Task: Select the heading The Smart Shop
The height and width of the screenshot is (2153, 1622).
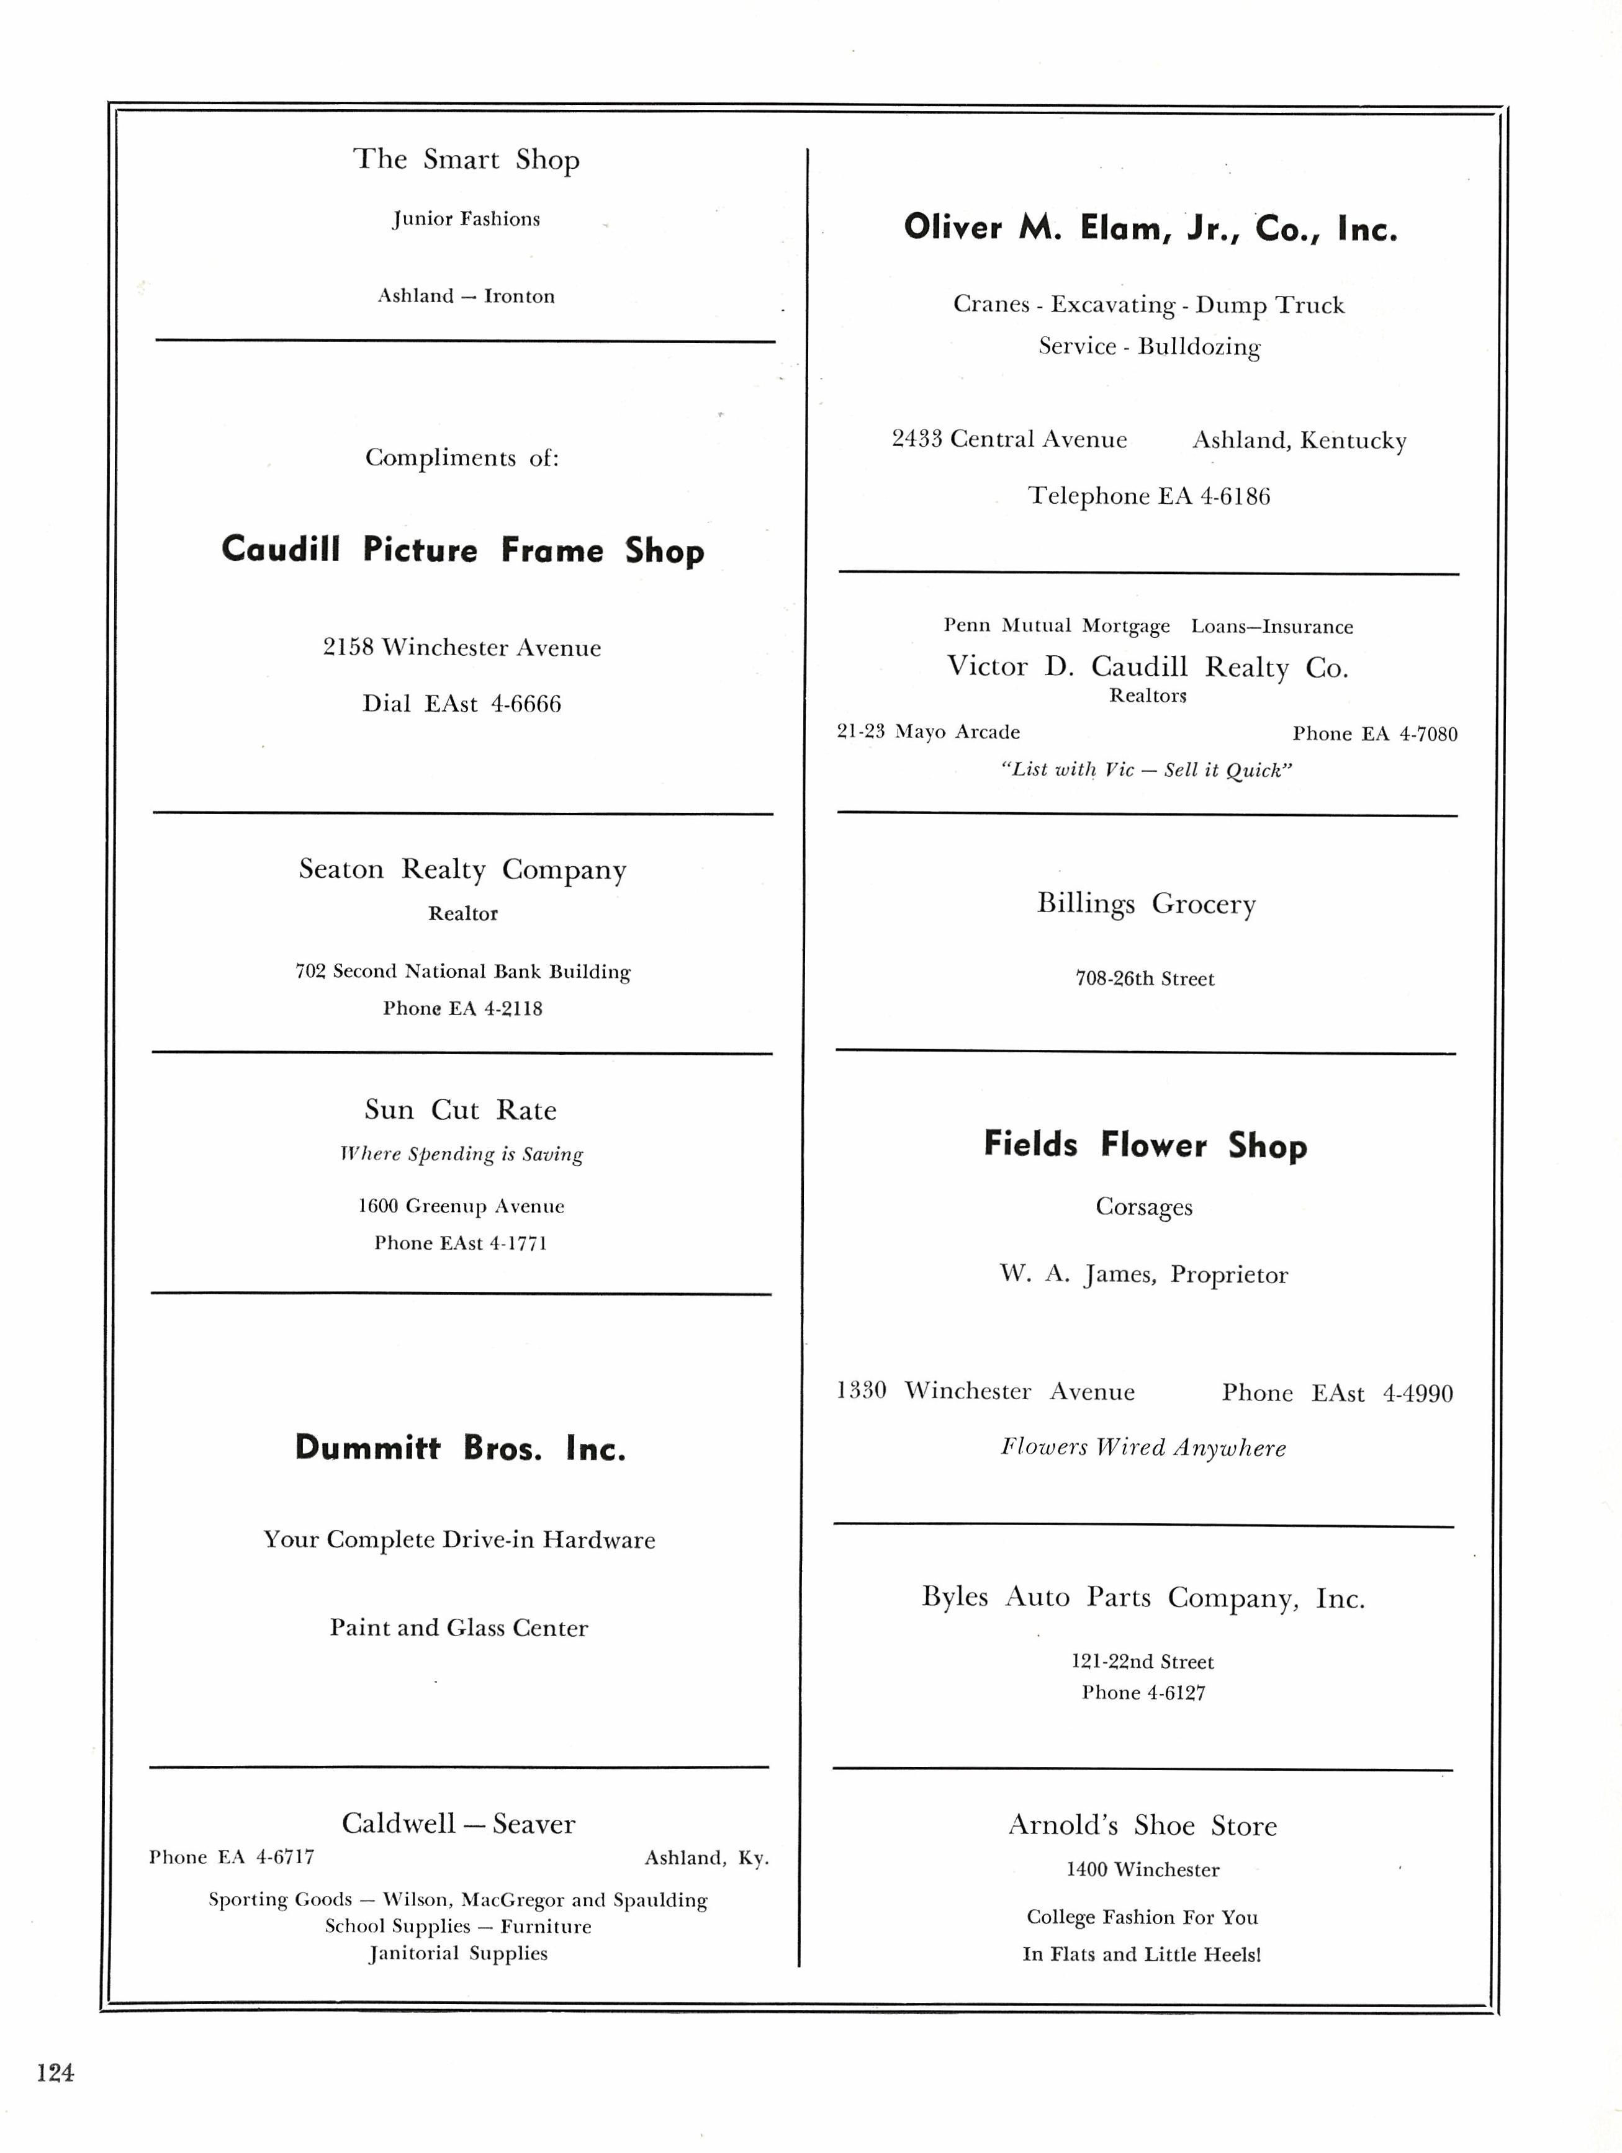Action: click(466, 159)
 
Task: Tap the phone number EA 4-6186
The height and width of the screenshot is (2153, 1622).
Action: click(1213, 496)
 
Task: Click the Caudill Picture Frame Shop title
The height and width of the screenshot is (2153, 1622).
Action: click(462, 550)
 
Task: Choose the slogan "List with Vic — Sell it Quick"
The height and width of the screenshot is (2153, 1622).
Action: click(1146, 770)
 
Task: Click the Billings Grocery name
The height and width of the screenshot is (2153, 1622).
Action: click(1146, 903)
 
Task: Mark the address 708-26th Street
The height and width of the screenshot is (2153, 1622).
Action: click(1145, 979)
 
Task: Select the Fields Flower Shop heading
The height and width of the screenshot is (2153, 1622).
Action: click(1145, 1145)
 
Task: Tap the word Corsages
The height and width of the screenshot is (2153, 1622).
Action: click(1144, 1207)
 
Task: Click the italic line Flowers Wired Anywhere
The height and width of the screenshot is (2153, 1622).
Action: click(1143, 1448)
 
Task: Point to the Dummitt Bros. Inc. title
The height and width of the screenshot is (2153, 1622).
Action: click(461, 1448)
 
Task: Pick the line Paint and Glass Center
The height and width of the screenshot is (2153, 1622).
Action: click(459, 1627)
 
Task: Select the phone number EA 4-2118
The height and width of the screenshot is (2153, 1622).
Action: click(495, 1008)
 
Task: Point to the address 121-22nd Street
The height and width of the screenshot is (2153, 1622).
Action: click(1143, 1662)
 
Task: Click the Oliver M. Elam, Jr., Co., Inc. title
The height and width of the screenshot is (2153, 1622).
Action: click(1150, 228)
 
